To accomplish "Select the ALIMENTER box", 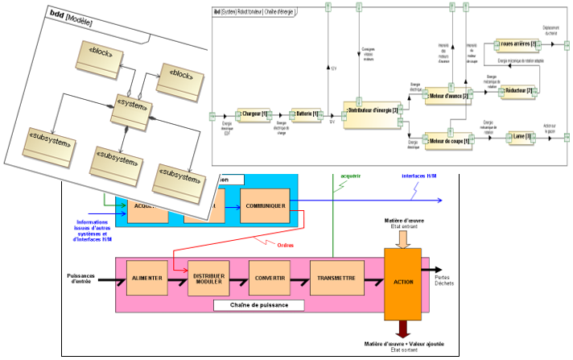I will tap(146, 278).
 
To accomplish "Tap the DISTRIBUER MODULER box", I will tap(208, 278).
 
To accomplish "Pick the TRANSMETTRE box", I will tap(332, 278).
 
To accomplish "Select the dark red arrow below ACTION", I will tap(405, 329).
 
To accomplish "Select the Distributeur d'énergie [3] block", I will tap(371, 112).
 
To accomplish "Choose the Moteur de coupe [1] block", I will tap(446, 140).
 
